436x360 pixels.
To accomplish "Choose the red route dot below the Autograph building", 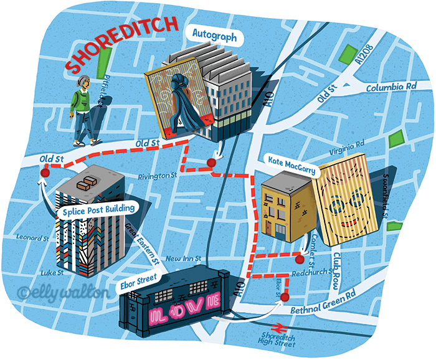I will pyautogui.click(x=211, y=163).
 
